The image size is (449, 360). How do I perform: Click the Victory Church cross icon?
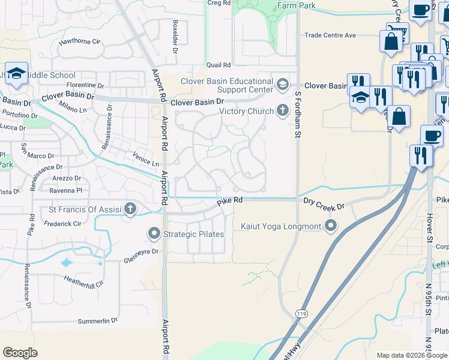pyautogui.click(x=283, y=111)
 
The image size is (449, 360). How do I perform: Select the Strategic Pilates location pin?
pyautogui.click(x=154, y=233)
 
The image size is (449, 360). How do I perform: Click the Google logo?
pyautogui.click(x=20, y=353)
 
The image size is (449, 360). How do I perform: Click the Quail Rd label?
pyautogui.click(x=218, y=65)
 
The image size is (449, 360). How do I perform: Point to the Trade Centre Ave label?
pyautogui.click(x=330, y=35)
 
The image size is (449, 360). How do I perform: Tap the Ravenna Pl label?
pyautogui.click(x=65, y=190)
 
